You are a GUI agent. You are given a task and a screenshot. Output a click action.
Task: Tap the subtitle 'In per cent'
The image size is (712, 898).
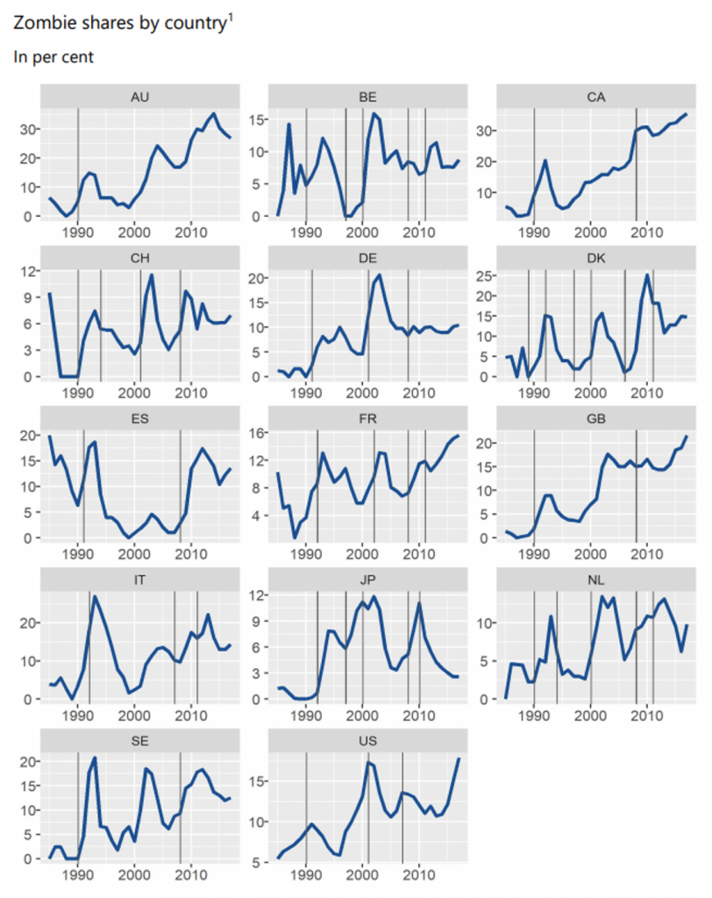point(53,58)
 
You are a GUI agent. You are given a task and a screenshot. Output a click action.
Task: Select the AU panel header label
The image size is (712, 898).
point(139,96)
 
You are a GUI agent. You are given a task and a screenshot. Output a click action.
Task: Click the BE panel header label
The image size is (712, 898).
point(368,96)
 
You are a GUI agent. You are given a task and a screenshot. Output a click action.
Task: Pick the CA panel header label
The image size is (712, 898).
point(596,96)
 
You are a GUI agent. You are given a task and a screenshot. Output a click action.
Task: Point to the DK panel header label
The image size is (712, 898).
point(596,257)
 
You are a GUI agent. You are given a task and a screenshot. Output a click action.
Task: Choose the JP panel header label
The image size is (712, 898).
point(368,579)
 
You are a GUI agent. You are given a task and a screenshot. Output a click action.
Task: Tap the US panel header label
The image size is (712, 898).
point(368,740)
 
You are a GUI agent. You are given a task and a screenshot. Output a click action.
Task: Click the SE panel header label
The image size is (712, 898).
point(139,740)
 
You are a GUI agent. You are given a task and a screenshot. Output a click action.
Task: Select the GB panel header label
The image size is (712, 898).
point(596,418)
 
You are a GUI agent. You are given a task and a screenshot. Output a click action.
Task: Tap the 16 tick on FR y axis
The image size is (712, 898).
point(258,433)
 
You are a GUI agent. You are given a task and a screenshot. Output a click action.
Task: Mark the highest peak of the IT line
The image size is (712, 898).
point(95,598)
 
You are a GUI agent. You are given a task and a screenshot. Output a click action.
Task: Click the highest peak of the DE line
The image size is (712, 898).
point(379,275)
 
